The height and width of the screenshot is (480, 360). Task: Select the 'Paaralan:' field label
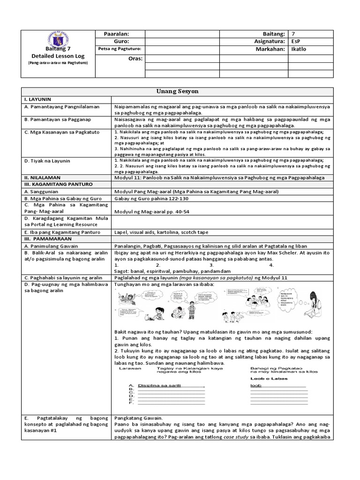pos(119,34)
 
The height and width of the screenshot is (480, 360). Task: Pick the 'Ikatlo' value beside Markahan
pos(298,49)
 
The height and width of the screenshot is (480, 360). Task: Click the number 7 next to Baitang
pos(292,34)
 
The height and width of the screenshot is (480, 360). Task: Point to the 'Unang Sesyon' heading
pos(180,90)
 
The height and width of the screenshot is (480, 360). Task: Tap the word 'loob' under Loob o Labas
pos(255,385)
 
